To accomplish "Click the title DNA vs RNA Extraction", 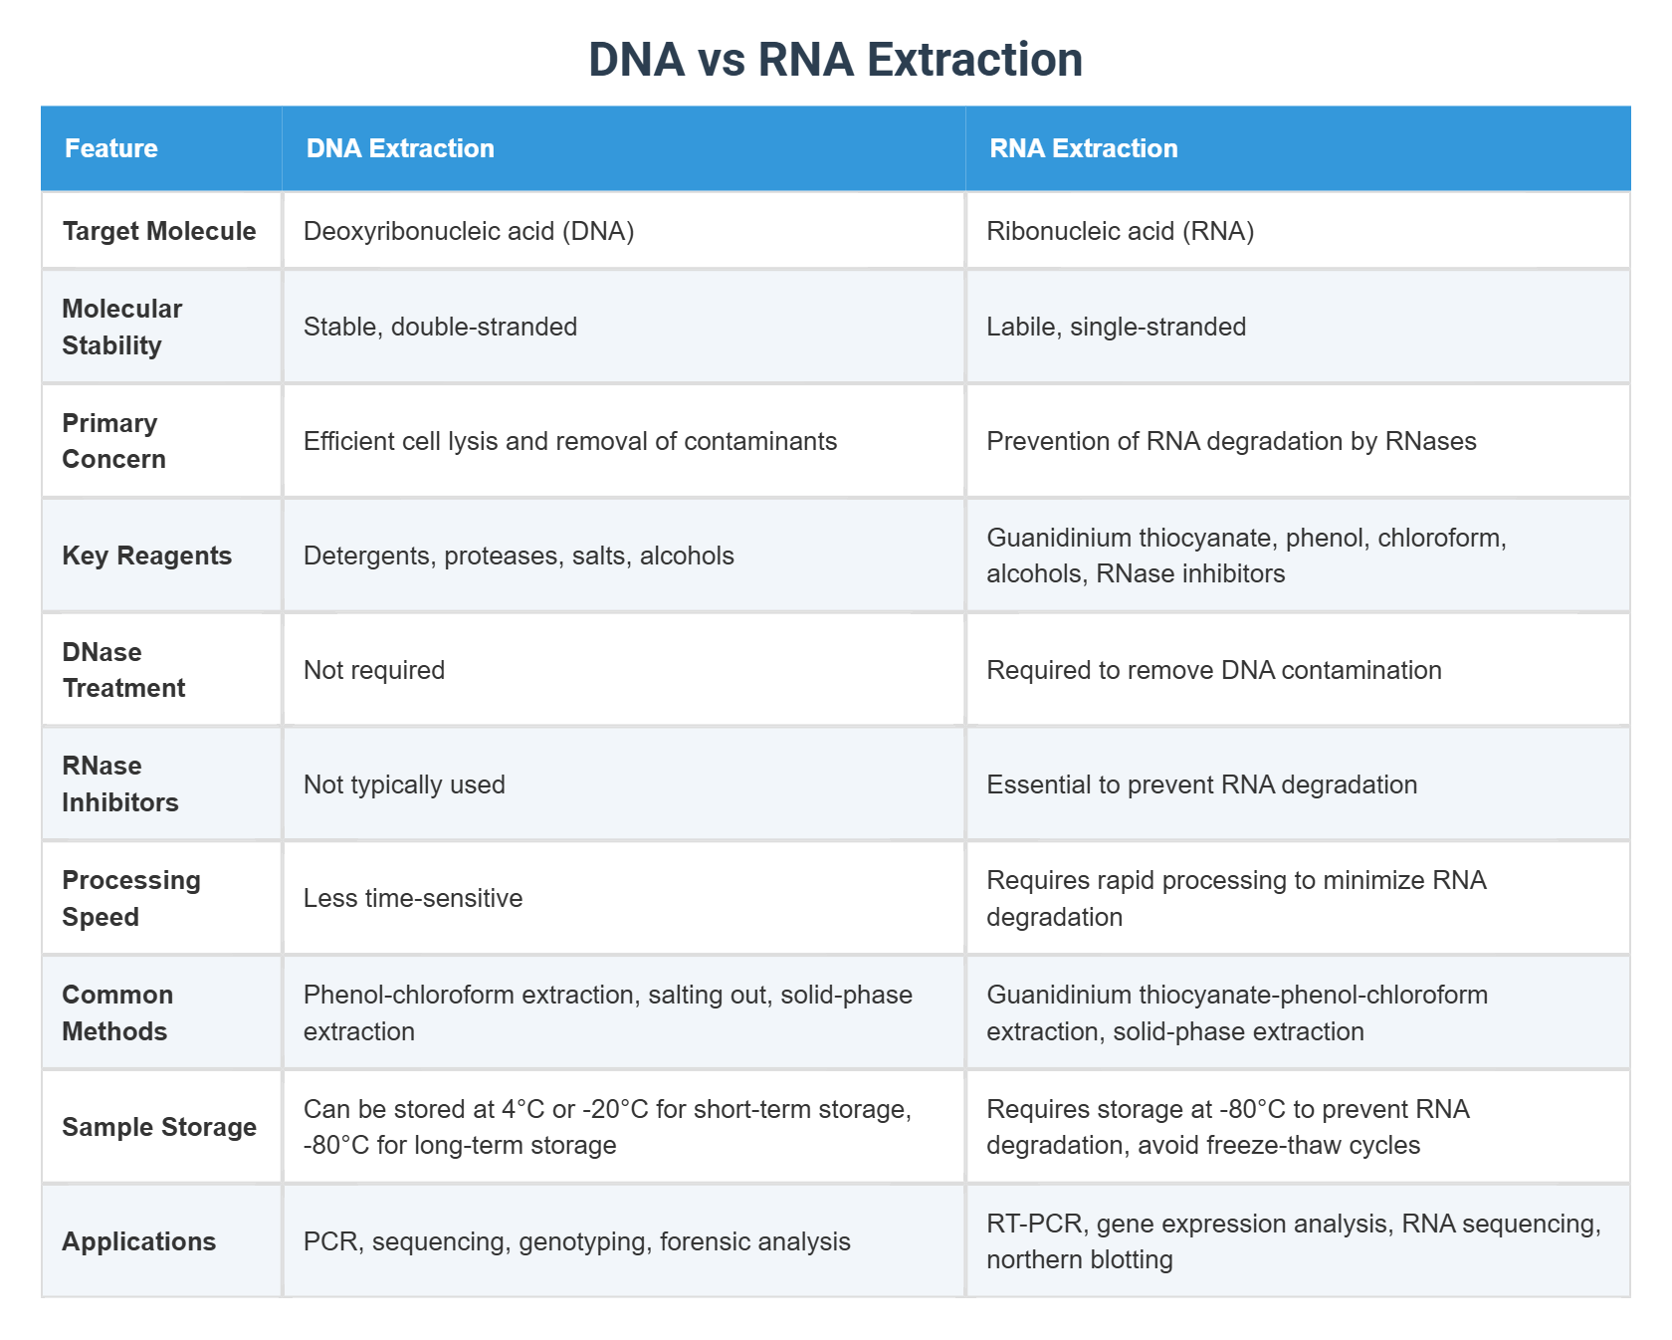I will pyautogui.click(x=835, y=60).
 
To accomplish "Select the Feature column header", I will pyautogui.click(x=111, y=148).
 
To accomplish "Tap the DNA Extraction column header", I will pyautogui.click(x=400, y=148).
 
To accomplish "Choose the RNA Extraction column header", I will pyautogui.click(x=1083, y=148).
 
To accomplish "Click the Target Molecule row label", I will pyautogui.click(x=159, y=231).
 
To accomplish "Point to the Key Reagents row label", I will pyautogui.click(x=146, y=556).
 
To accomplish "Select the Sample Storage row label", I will pyautogui.click(x=159, y=1127).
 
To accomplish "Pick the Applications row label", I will pyautogui.click(x=139, y=1241).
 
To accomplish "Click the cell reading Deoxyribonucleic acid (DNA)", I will pyautogui.click(x=469, y=231).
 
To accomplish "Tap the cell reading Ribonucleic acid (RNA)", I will pyautogui.click(x=1120, y=231).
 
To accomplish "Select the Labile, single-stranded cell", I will pyautogui.click(x=1116, y=327).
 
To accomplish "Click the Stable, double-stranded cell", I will pyautogui.click(x=440, y=327).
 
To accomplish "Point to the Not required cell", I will pyautogui.click(x=374, y=670).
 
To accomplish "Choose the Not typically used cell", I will pyautogui.click(x=404, y=784).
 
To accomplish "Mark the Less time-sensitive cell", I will pyautogui.click(x=413, y=898).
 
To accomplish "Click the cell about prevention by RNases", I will pyautogui.click(x=1231, y=441).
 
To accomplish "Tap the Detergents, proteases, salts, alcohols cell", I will pyautogui.click(x=519, y=556).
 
